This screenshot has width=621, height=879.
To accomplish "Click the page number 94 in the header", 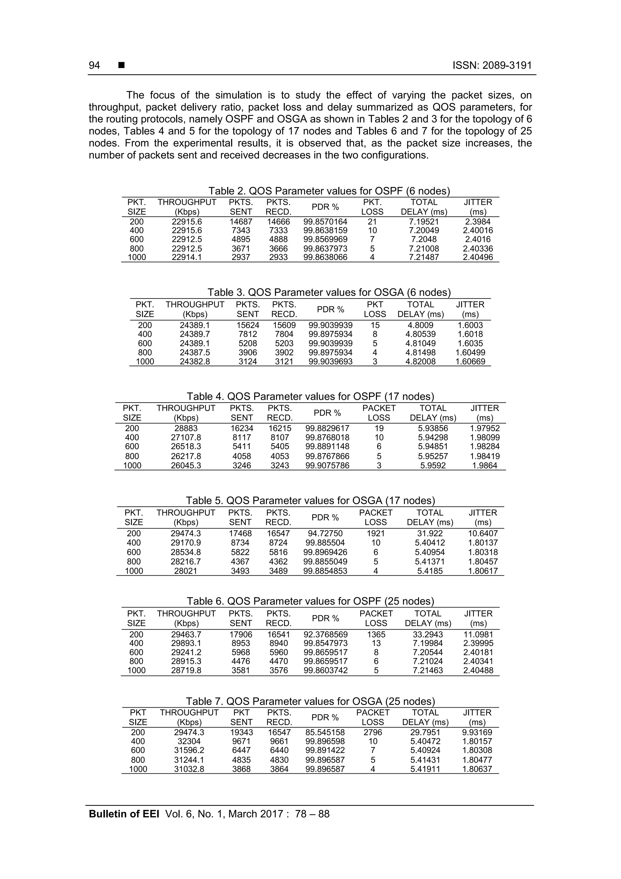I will (94, 66).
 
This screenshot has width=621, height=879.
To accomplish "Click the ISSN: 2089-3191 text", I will (492, 66).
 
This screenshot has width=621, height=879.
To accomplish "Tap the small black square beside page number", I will (121, 66).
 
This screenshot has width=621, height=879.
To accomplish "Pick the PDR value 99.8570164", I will (325, 222).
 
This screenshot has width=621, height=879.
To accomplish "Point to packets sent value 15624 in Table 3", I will (247, 325).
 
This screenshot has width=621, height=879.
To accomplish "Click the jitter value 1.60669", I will (470, 361).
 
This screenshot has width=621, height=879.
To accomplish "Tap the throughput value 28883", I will (186, 428).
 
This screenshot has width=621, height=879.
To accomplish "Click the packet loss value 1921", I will (376, 533).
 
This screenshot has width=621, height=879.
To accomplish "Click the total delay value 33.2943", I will (428, 634).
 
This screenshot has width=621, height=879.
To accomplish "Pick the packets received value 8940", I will (279, 643).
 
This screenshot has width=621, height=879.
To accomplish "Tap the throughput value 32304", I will (189, 741).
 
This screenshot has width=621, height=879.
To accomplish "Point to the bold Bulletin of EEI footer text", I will (124, 814).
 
